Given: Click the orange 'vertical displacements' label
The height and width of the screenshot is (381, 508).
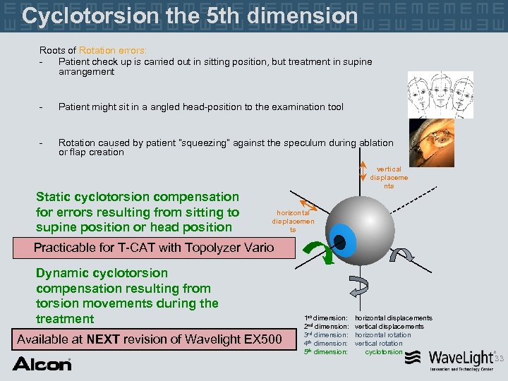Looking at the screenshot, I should point(389,178).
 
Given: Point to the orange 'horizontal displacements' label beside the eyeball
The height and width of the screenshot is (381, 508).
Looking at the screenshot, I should point(292,221).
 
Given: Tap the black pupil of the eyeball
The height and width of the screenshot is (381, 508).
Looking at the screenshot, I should point(339,243).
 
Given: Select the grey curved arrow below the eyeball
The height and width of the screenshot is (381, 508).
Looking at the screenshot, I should point(358,288).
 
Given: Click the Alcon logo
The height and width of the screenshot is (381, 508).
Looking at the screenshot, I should point(42,364).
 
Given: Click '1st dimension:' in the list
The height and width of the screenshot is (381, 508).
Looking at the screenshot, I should point(325,318).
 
